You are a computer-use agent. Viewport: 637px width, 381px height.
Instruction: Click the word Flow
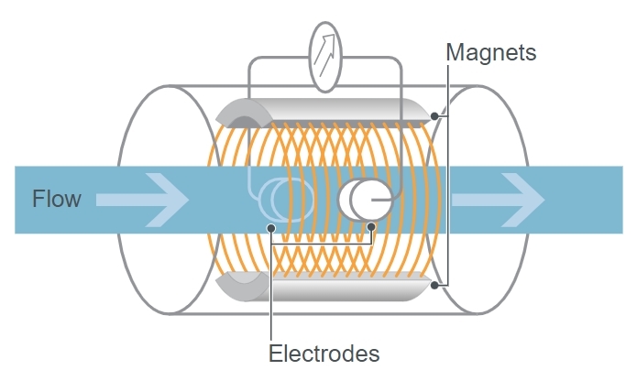[57, 198]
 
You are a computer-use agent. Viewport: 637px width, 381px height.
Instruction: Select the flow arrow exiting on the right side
[500, 199]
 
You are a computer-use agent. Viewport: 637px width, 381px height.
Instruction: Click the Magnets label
[490, 52]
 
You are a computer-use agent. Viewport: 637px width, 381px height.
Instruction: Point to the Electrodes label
[324, 353]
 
